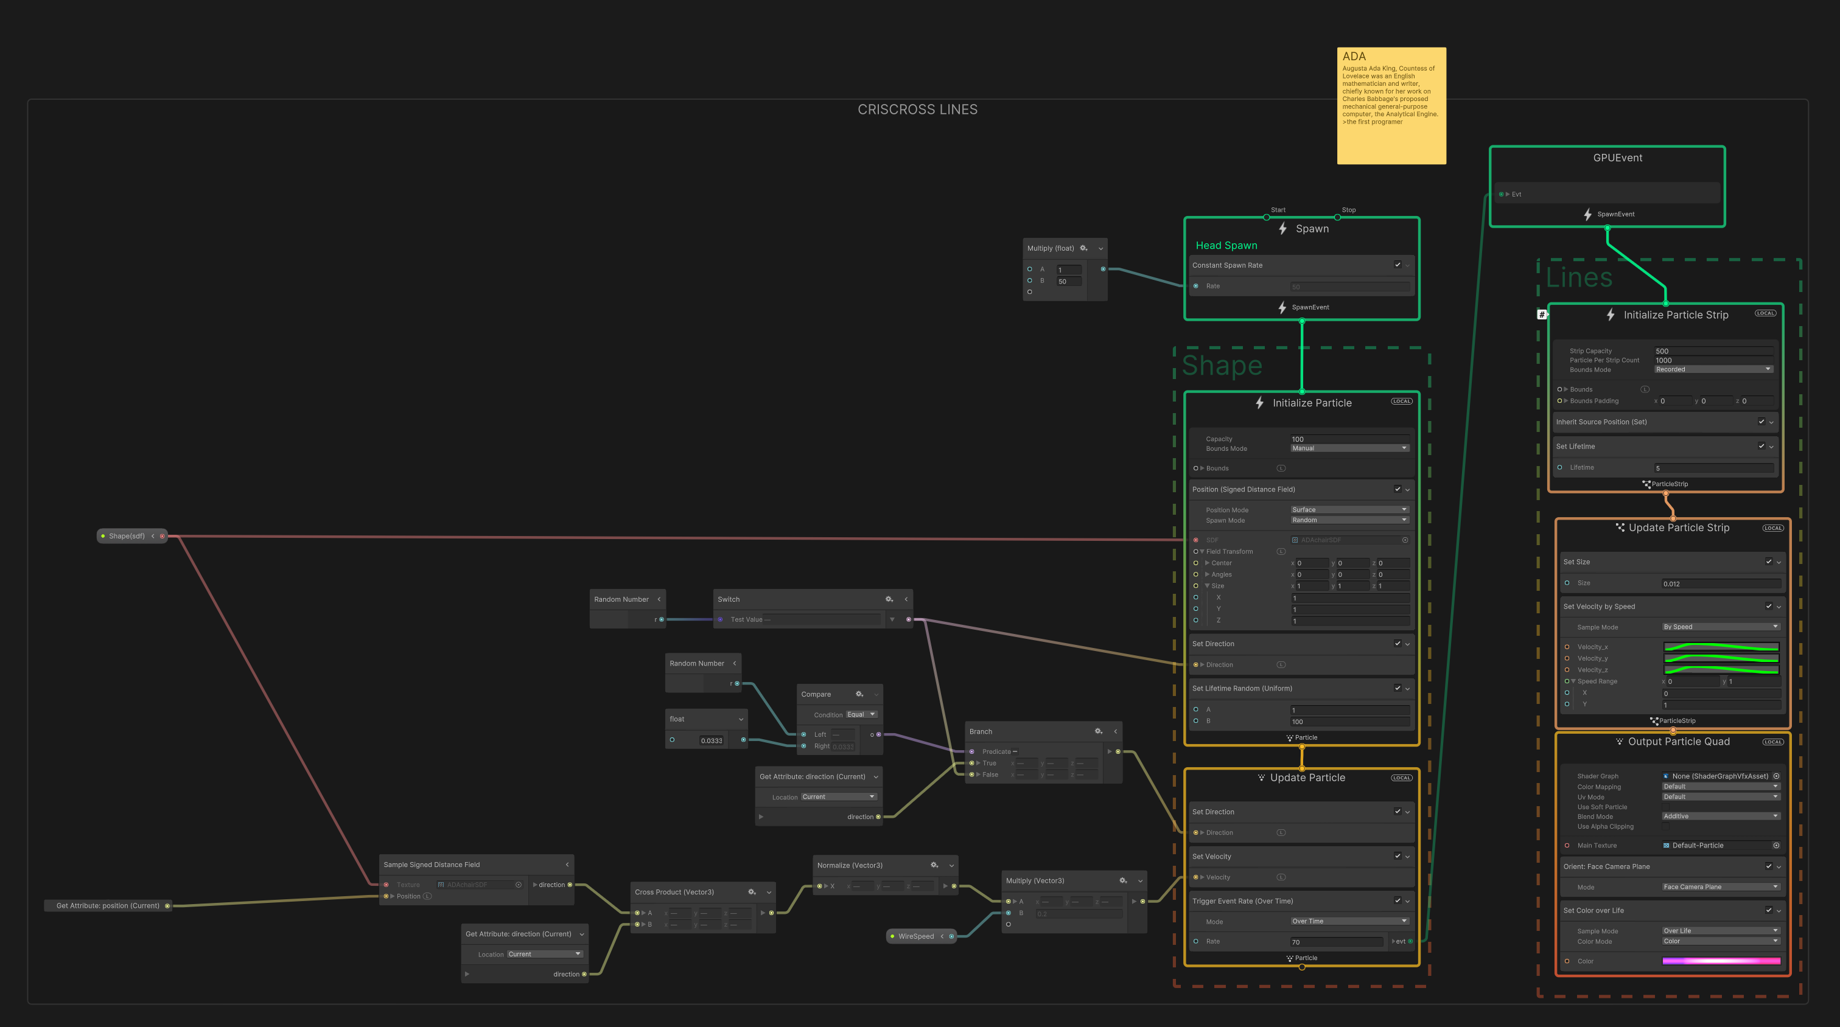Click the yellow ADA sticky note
click(x=1391, y=105)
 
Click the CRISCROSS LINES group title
click(x=917, y=110)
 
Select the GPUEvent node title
click(x=1617, y=158)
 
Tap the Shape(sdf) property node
click(x=127, y=535)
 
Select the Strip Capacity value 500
click(x=1713, y=350)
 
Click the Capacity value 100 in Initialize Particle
click(x=1349, y=439)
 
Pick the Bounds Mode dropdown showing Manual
click(x=1349, y=448)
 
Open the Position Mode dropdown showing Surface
click(x=1349, y=510)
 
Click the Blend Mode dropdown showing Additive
click(x=1720, y=816)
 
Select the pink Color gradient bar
click(x=1721, y=961)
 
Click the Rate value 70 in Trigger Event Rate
click(x=1335, y=942)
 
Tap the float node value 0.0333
click(x=712, y=740)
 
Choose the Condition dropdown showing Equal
click(x=861, y=715)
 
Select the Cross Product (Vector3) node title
click(x=674, y=892)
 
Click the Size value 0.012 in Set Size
click(x=1720, y=583)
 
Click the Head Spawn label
click(x=1226, y=246)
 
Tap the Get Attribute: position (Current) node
click(x=108, y=905)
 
